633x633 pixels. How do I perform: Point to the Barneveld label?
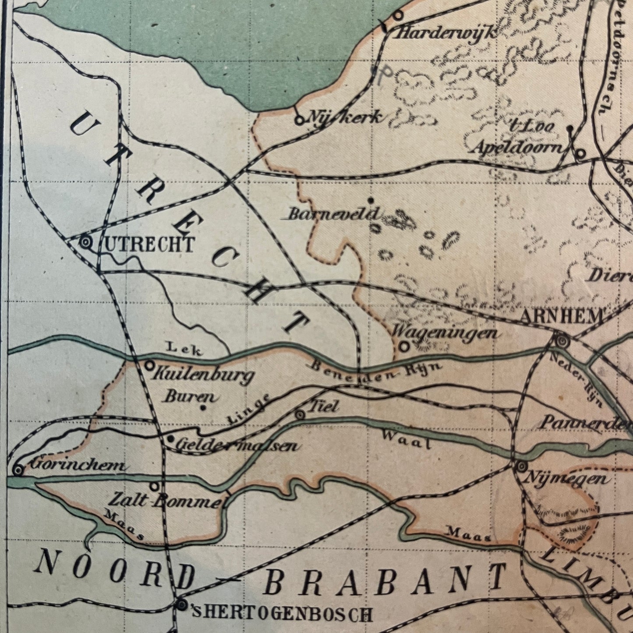tap(334, 214)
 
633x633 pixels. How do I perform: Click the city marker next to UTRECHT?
tap(86, 242)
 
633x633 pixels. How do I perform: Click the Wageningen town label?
tap(445, 332)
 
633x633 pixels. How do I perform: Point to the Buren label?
tap(190, 397)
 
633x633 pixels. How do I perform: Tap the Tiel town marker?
tap(301, 415)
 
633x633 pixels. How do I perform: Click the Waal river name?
tap(406, 439)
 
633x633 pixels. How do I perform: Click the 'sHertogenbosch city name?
tap(283, 614)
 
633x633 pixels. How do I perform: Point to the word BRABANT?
tap(385, 579)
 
